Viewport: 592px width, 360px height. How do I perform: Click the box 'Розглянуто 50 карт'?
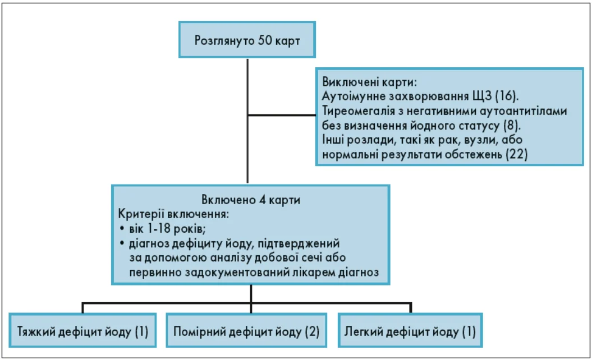pos(247,40)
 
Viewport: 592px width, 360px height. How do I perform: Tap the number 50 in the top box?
pos(266,40)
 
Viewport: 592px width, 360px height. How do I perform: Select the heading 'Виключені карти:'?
pos(369,82)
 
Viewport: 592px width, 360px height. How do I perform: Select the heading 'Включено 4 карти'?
pos(251,200)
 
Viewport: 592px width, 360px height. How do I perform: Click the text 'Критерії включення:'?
pos(173,214)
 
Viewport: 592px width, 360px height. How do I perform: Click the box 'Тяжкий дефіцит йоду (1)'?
pos(82,331)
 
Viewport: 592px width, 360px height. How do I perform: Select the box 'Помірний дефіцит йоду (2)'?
pos(246,331)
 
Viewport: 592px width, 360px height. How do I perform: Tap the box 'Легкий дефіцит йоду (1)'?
pos(410,331)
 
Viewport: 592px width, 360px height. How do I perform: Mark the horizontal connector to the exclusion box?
pos(282,115)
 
